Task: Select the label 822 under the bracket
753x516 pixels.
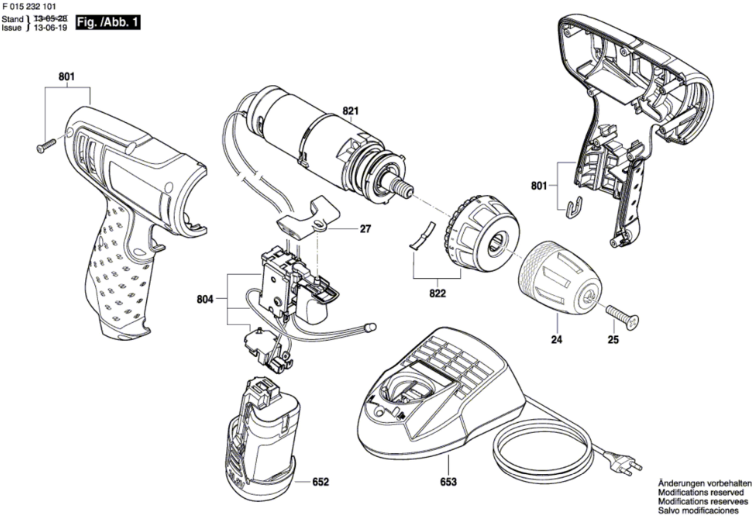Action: pos(438,294)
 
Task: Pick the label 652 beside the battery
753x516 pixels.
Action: pos(321,482)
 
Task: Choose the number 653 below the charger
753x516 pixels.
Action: pos(448,482)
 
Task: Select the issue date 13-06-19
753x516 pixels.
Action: pos(51,28)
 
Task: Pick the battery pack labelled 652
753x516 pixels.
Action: pos(264,441)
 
